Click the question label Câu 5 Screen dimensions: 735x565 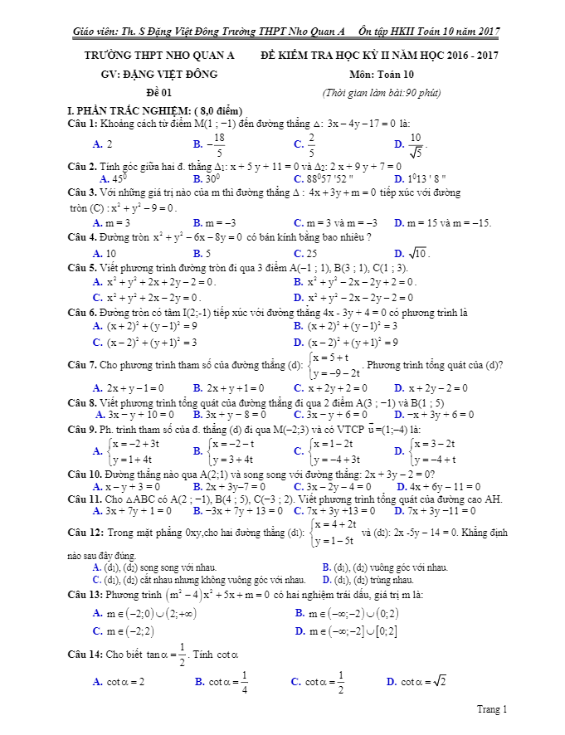pos(82,267)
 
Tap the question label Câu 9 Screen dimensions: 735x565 pos(82,428)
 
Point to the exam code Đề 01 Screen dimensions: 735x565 pos(158,92)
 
